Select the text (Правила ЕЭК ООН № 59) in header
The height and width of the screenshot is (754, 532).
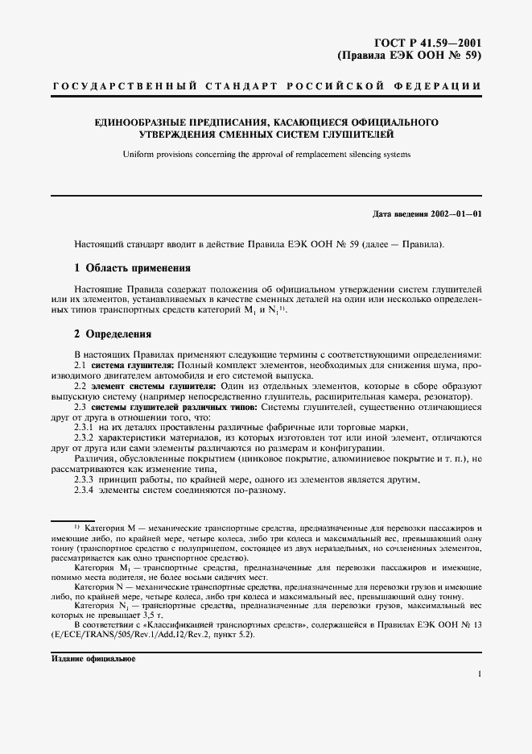409,56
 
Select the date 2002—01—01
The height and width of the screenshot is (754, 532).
453,214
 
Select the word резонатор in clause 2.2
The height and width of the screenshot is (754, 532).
451,397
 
